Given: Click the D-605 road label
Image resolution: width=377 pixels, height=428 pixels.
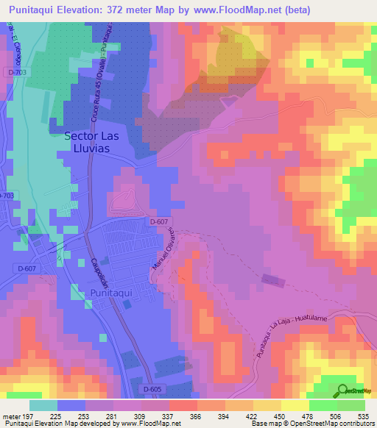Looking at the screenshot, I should pyautogui.click(x=152, y=389).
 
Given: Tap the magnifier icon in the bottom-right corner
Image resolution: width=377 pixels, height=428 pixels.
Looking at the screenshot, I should pyautogui.click(x=342, y=390).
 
